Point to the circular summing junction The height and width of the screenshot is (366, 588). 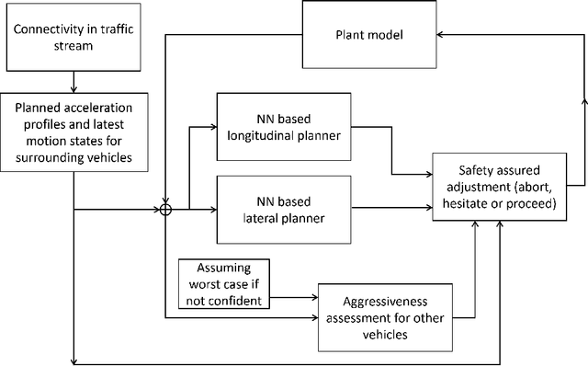[165, 210]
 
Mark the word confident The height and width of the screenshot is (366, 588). [236, 299]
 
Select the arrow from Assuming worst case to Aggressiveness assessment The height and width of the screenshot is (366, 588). [296, 297]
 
